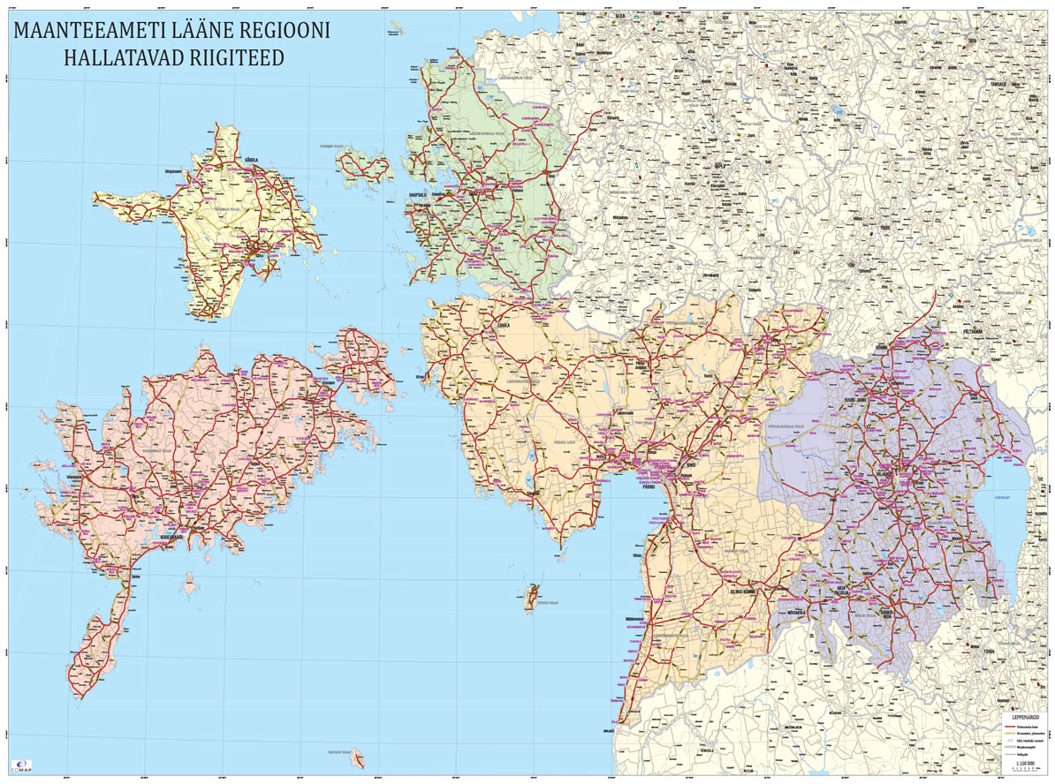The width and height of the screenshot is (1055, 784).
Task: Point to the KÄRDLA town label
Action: [x=252, y=160]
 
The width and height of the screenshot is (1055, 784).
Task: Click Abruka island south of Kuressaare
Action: [x=187, y=584]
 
